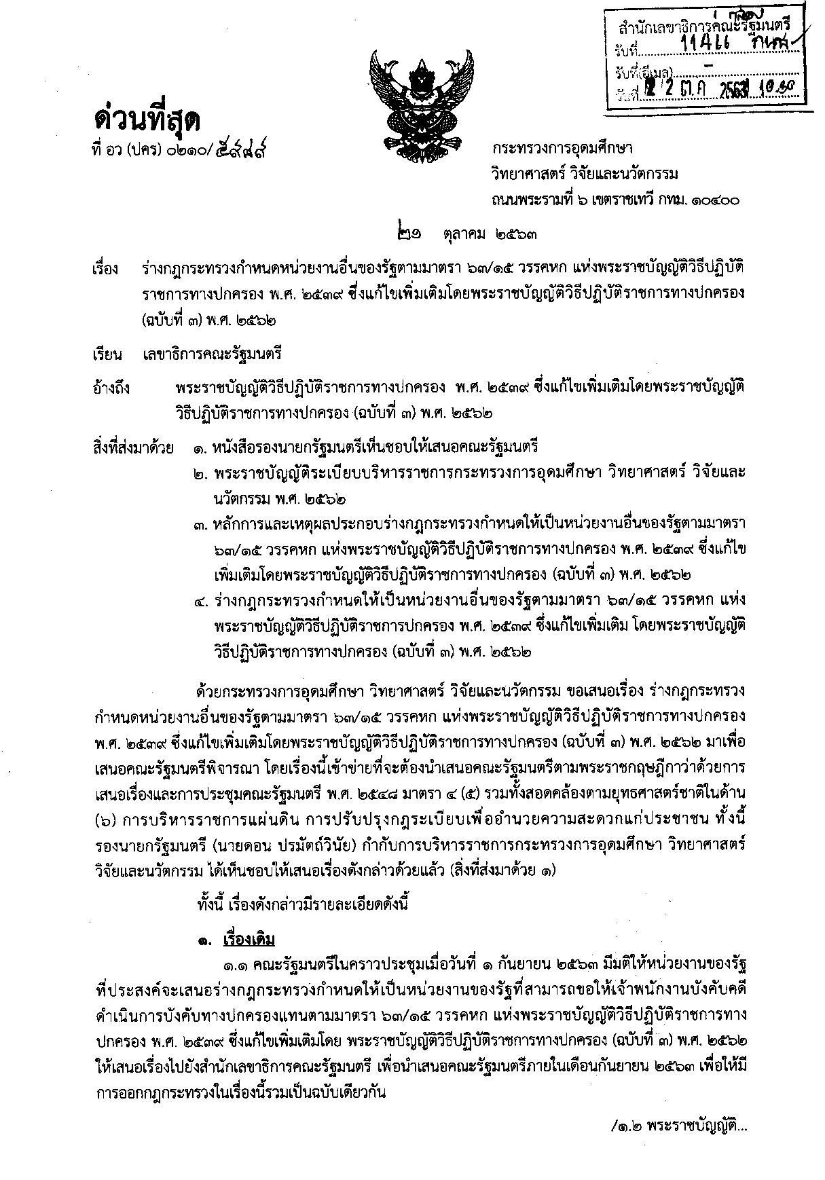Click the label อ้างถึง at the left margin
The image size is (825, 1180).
113,389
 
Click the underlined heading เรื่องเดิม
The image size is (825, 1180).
249,940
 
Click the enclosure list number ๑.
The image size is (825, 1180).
198,448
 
